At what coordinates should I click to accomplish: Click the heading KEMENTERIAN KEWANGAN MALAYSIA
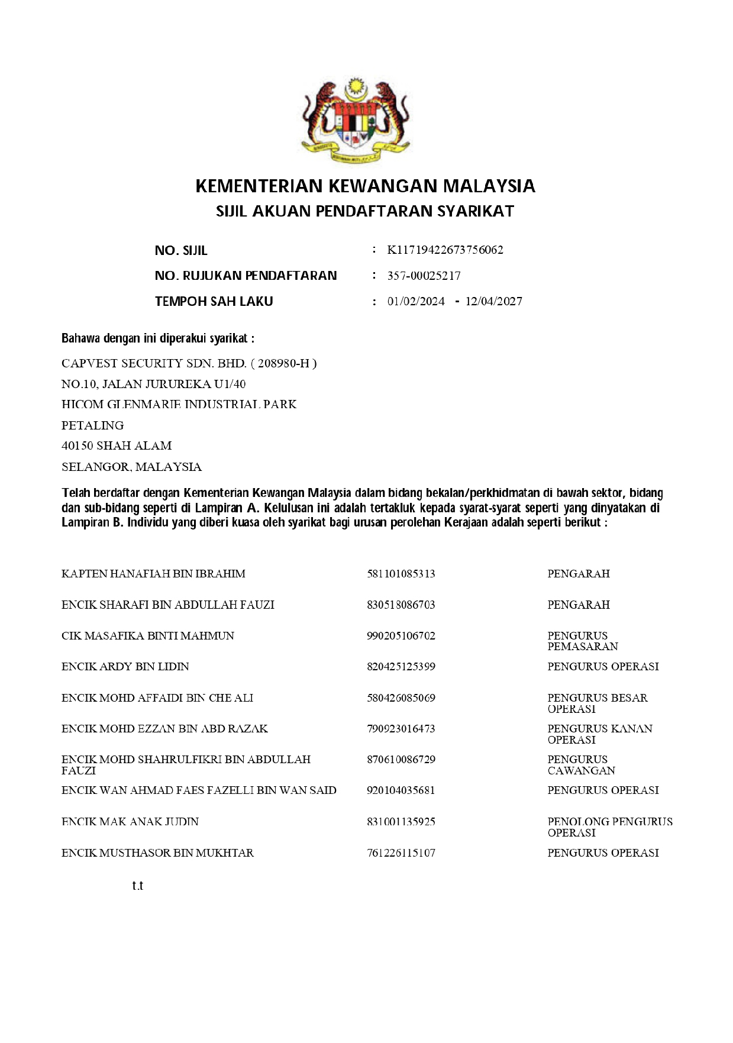365,186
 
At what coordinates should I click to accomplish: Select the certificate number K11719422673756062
445,250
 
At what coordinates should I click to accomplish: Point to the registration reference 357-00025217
424,276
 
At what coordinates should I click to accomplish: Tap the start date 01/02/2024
416,301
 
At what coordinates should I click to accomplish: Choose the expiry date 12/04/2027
493,301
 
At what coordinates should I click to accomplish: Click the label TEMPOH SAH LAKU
214,301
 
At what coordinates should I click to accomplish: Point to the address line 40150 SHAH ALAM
117,445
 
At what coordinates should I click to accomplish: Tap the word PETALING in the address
92,425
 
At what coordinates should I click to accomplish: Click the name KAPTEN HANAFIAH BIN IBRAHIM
153,573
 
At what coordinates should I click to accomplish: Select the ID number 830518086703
401,605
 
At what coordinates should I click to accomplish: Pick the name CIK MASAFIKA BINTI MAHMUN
148,635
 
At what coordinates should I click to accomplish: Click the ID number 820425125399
401,666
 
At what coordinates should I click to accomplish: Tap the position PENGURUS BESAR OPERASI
597,703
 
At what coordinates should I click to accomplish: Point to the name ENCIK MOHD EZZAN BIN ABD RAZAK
164,728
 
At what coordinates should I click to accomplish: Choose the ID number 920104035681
401,790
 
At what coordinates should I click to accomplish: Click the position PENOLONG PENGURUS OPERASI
609,826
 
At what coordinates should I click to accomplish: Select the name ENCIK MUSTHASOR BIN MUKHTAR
157,853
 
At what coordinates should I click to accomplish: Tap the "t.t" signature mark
138,886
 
